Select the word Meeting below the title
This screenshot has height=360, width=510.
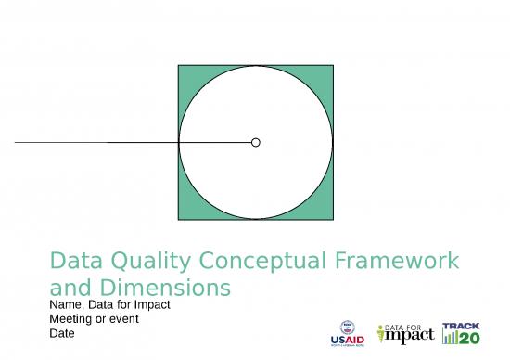70,318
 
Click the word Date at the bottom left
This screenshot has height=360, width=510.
60,332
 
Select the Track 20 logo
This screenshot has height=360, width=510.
461,332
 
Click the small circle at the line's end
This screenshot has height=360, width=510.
256,142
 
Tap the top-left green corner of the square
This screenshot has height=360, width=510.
185,72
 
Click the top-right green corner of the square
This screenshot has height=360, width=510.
326,72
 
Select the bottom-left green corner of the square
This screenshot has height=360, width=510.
185,212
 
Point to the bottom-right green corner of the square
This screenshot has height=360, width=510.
326,212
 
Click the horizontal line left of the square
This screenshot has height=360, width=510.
93,142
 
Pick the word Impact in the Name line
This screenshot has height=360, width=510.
151,305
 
